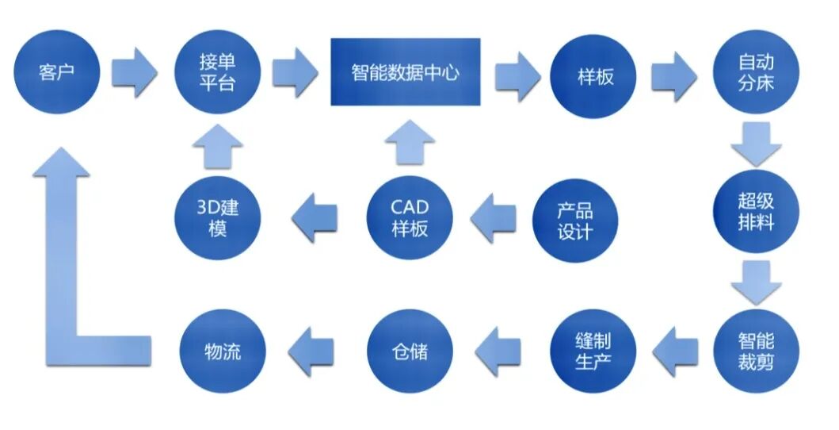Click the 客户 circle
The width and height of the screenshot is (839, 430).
(x=56, y=74)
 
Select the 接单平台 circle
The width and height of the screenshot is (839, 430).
(x=217, y=74)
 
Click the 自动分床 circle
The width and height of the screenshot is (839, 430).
(x=756, y=73)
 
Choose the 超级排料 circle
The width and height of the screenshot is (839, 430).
(x=756, y=210)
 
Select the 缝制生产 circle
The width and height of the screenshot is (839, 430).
(x=593, y=351)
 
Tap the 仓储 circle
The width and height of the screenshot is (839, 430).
(x=410, y=350)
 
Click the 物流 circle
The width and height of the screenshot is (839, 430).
(x=222, y=350)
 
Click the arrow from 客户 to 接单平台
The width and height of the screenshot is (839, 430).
(x=134, y=73)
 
